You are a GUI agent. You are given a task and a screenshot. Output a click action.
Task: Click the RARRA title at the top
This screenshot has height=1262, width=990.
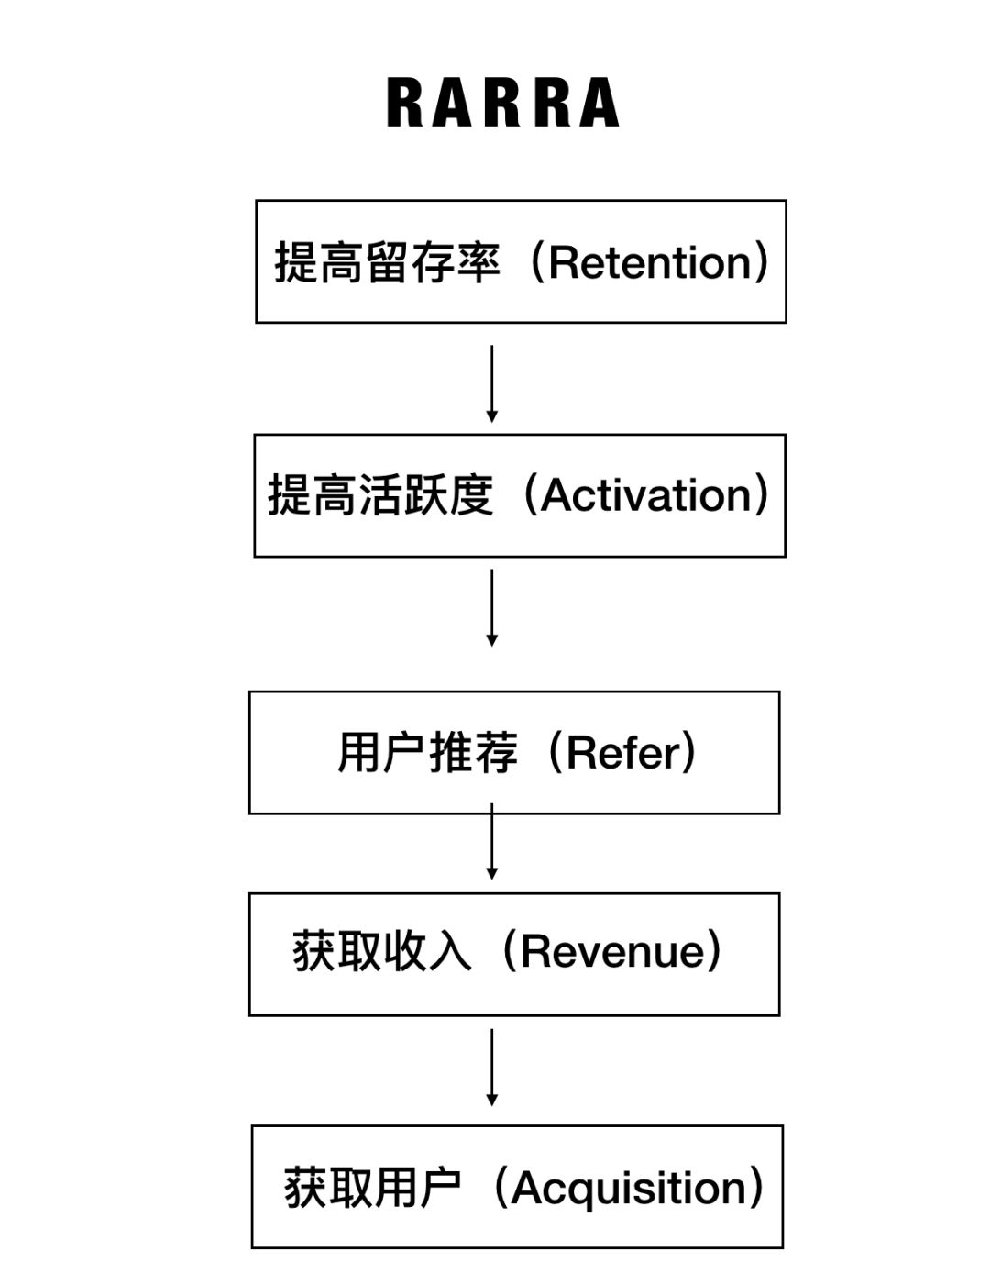pos(502,102)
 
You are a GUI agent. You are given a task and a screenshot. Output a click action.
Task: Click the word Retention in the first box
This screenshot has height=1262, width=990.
pos(651,263)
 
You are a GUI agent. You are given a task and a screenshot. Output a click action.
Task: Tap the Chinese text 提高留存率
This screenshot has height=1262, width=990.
pos(387,263)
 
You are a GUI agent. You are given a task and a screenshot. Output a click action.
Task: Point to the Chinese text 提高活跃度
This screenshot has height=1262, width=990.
pos(380,495)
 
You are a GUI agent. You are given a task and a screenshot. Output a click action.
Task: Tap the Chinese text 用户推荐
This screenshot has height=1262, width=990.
pos(427,753)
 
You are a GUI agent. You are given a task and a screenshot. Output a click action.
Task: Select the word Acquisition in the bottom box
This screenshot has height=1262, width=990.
pos(630,1188)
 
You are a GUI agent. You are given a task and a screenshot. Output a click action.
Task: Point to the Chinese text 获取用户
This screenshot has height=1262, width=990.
pos(372,1188)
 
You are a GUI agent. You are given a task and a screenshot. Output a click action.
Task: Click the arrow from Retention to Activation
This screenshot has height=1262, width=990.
pos(491,383)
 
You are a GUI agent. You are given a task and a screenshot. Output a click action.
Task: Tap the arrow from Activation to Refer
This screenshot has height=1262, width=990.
pos(491,607)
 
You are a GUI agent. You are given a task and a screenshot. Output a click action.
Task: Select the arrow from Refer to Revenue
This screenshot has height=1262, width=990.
pos(491,842)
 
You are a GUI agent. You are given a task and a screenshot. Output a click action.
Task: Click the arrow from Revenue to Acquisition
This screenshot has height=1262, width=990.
pos(491,1067)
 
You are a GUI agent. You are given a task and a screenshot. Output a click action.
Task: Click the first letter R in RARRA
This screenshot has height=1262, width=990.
pos(404,102)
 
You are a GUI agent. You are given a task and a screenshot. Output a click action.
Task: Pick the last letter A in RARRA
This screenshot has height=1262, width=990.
pos(600,102)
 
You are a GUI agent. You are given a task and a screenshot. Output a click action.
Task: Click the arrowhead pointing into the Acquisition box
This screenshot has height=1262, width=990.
pos(491,1100)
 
